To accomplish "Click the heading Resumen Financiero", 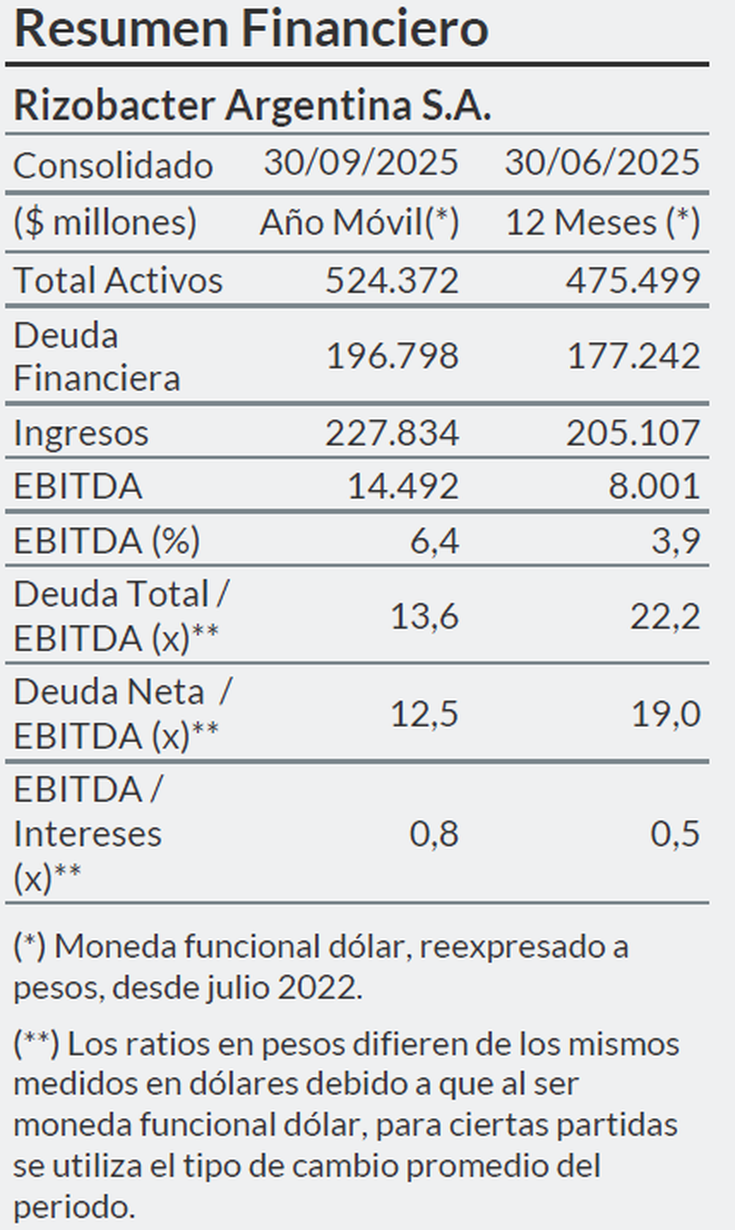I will point(251,29).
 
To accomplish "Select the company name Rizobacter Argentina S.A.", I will point(252,105).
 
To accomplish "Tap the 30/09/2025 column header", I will point(361,163).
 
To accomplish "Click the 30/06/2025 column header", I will point(601,163).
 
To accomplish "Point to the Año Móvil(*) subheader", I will point(359,222).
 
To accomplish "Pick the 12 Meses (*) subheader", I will point(602,222).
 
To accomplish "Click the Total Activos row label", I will point(118,281).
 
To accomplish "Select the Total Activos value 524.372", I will point(391,281).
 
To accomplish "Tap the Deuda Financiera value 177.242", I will point(633,356).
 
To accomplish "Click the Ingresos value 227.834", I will point(391,433).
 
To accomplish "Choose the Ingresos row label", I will point(81,433).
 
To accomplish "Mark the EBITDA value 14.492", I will point(403,486).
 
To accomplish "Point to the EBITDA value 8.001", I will point(654,486).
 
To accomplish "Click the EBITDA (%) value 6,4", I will point(434,541).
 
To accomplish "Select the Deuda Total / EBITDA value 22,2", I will point(665,616).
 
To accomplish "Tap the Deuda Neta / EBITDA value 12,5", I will point(424,714).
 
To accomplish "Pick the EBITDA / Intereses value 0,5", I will point(674,834).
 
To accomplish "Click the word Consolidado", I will point(113,165).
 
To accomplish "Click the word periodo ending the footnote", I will point(73,1207).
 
